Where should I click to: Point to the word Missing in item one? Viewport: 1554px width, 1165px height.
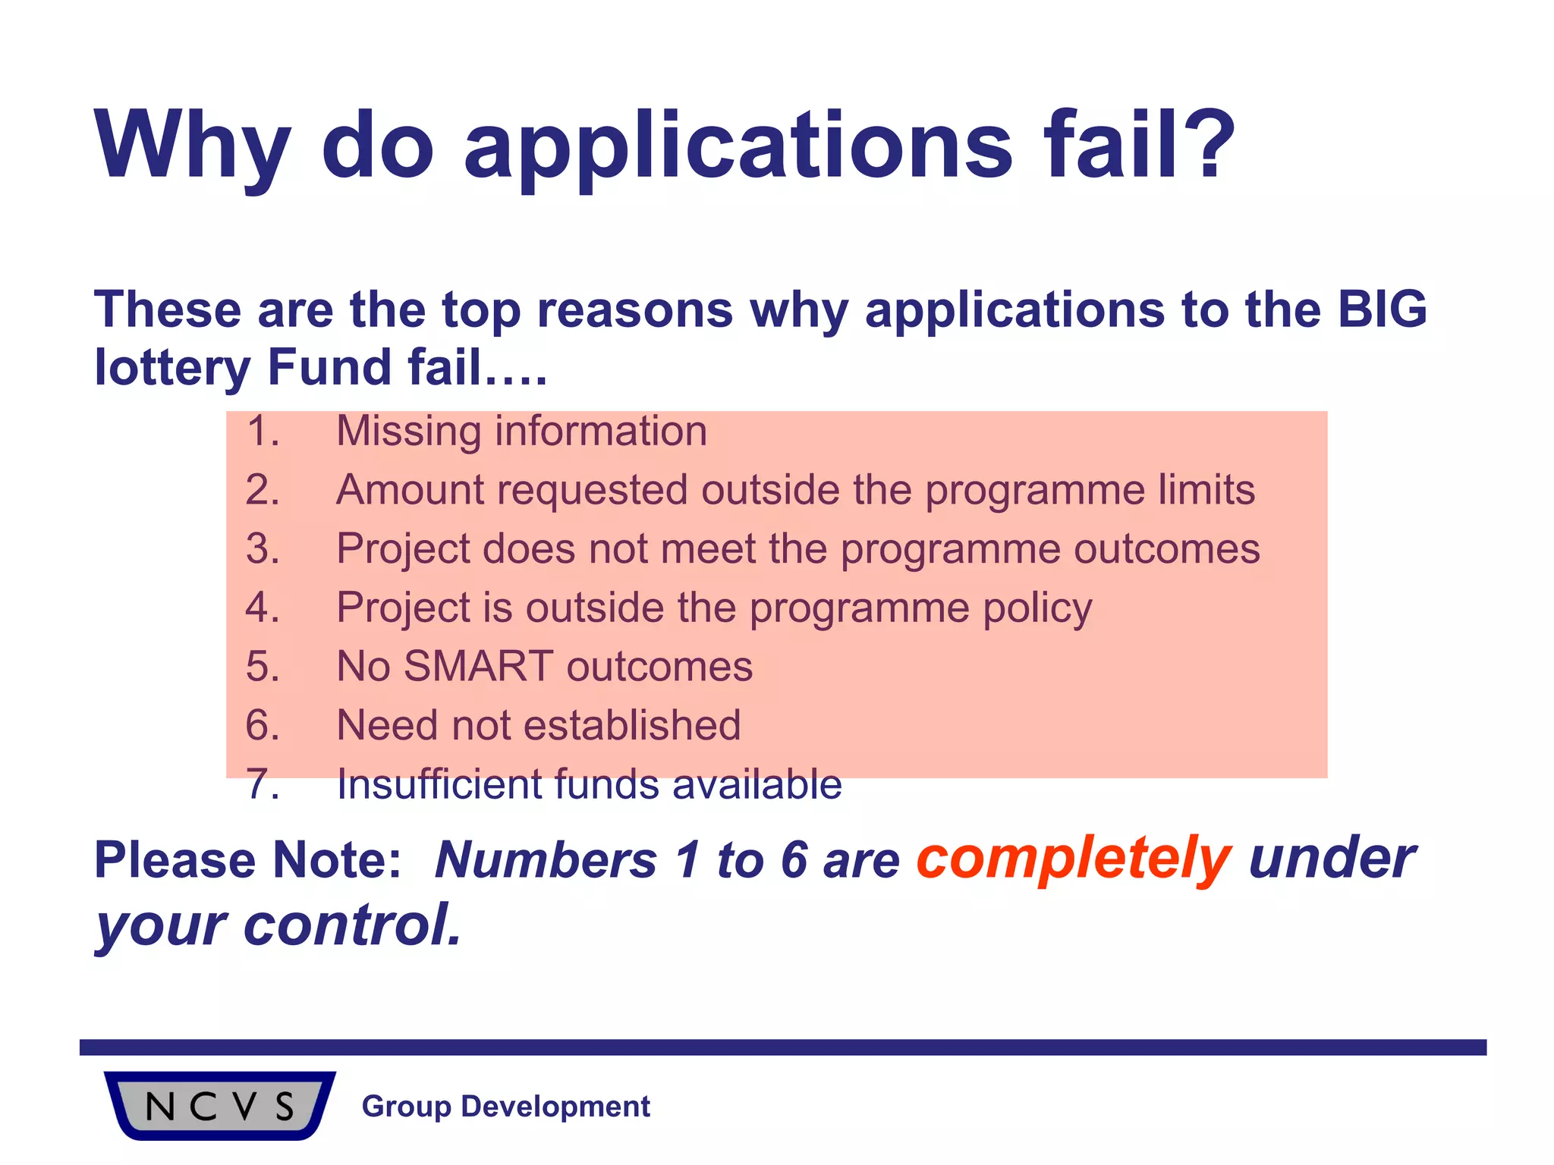pyautogui.click(x=408, y=432)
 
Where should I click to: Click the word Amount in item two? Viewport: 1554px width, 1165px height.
pyautogui.click(x=408, y=490)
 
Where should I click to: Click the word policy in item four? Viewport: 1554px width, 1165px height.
pyautogui.click(x=1037, y=609)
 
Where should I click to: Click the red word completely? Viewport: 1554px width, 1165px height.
pyautogui.click(x=1074, y=860)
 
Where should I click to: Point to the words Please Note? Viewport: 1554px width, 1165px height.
pyautogui.click(x=247, y=861)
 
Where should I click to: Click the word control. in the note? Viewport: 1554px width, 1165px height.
pyautogui.click(x=352, y=925)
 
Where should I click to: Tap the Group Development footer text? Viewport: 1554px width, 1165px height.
pyautogui.click(x=505, y=1107)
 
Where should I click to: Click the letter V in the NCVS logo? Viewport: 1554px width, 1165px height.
pyautogui.click(x=244, y=1107)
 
